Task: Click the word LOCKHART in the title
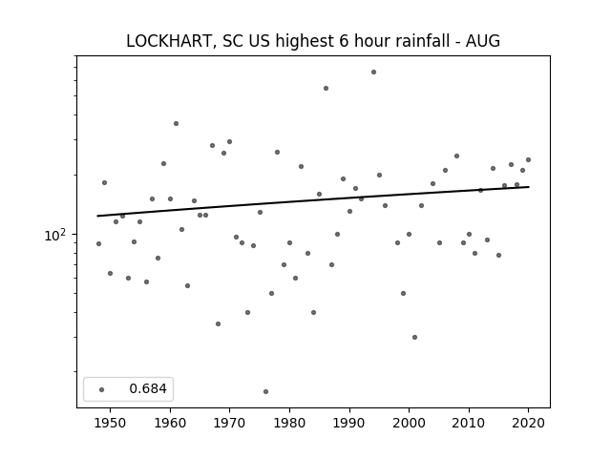click(169, 41)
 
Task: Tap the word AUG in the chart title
click(483, 41)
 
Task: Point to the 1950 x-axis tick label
click(111, 423)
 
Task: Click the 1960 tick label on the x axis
click(170, 423)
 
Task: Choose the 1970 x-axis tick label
click(229, 423)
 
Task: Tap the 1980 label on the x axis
click(289, 423)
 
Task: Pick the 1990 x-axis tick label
click(349, 423)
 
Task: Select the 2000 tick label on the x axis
click(409, 423)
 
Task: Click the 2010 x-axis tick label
click(469, 423)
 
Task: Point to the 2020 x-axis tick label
click(528, 423)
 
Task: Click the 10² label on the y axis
click(55, 235)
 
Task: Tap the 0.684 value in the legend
click(148, 388)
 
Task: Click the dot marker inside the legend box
click(102, 389)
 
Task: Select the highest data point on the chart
click(373, 73)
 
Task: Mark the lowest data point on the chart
click(265, 391)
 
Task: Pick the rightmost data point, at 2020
click(528, 159)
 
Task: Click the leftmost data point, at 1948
click(98, 244)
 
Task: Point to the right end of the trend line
click(529, 187)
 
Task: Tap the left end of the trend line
click(97, 216)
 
